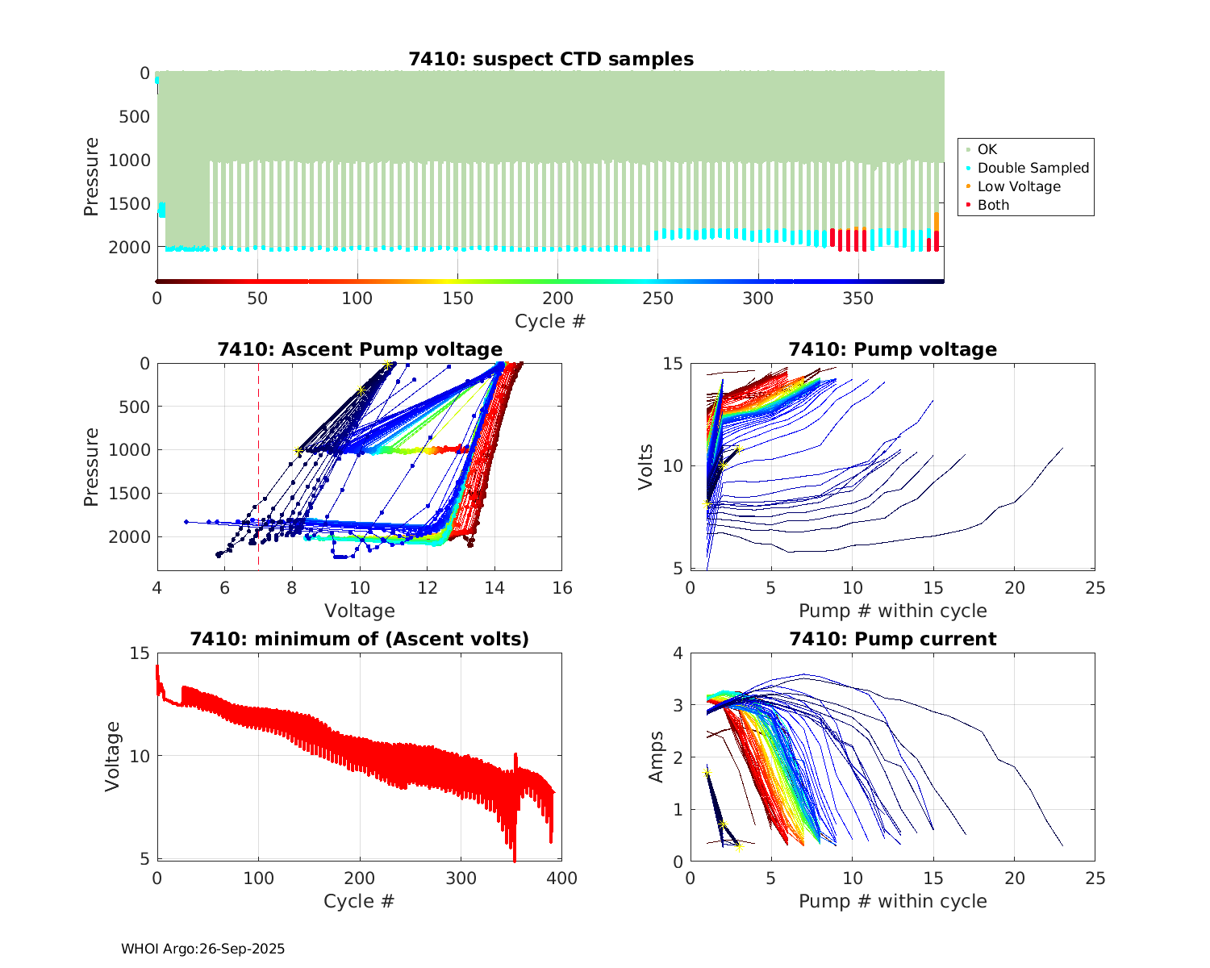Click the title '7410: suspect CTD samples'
pos(550,59)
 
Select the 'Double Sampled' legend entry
pos(1033,168)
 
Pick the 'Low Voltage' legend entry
pos(1019,186)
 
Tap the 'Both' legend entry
pos(993,205)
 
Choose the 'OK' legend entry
pos(987,149)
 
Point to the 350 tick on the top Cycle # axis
pos(857,298)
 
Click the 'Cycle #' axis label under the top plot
pos(550,321)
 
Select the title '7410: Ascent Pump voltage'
pos(360,349)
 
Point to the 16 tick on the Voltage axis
pos(562,588)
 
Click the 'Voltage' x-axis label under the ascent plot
pos(360,611)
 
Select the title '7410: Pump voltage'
pos(892,349)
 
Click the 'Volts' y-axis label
pos(645,466)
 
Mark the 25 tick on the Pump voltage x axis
pos(1095,588)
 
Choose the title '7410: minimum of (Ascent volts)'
pos(360,639)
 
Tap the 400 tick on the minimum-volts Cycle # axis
pos(562,878)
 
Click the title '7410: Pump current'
pos(892,639)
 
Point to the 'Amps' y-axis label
pos(657,757)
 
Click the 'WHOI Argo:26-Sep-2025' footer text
pos(203,949)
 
